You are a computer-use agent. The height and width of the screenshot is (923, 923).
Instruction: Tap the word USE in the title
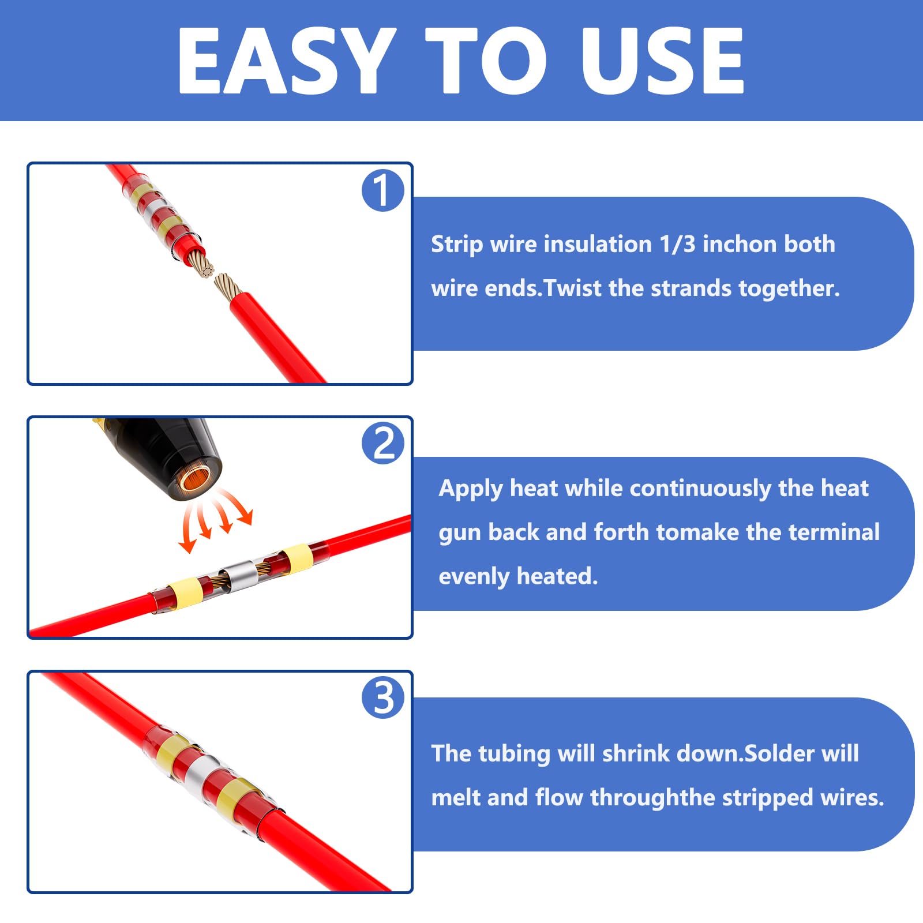pos(662,61)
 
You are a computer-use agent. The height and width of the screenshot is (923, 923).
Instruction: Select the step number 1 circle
pos(382,190)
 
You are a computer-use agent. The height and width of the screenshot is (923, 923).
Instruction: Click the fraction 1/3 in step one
pos(678,244)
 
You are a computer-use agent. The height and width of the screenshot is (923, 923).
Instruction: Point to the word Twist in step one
pos(572,288)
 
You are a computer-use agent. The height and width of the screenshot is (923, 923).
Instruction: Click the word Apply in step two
pos(471,489)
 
